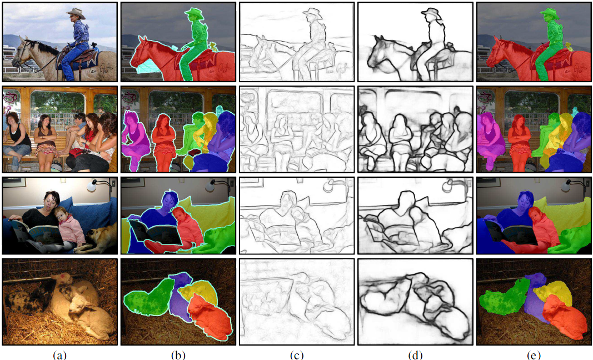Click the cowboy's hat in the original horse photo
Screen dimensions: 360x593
76,12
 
